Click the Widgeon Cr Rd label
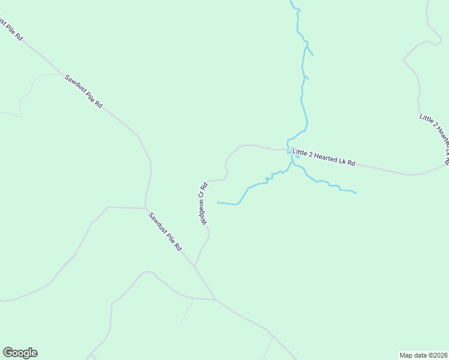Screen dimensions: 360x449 tap(204, 203)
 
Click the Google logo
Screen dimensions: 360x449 tap(20, 353)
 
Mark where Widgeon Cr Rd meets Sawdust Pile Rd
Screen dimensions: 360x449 tap(194, 266)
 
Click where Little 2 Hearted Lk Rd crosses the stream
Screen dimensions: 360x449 tap(289, 150)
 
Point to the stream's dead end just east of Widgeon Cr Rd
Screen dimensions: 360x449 tap(217, 203)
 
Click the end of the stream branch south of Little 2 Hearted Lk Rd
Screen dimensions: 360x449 tap(357, 193)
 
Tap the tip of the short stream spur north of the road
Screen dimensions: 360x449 tap(313, 55)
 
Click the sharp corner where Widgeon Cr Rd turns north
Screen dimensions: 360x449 tap(226, 179)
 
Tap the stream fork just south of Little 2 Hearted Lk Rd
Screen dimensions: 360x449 tap(292, 161)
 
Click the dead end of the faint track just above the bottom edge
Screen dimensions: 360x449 tap(181, 323)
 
